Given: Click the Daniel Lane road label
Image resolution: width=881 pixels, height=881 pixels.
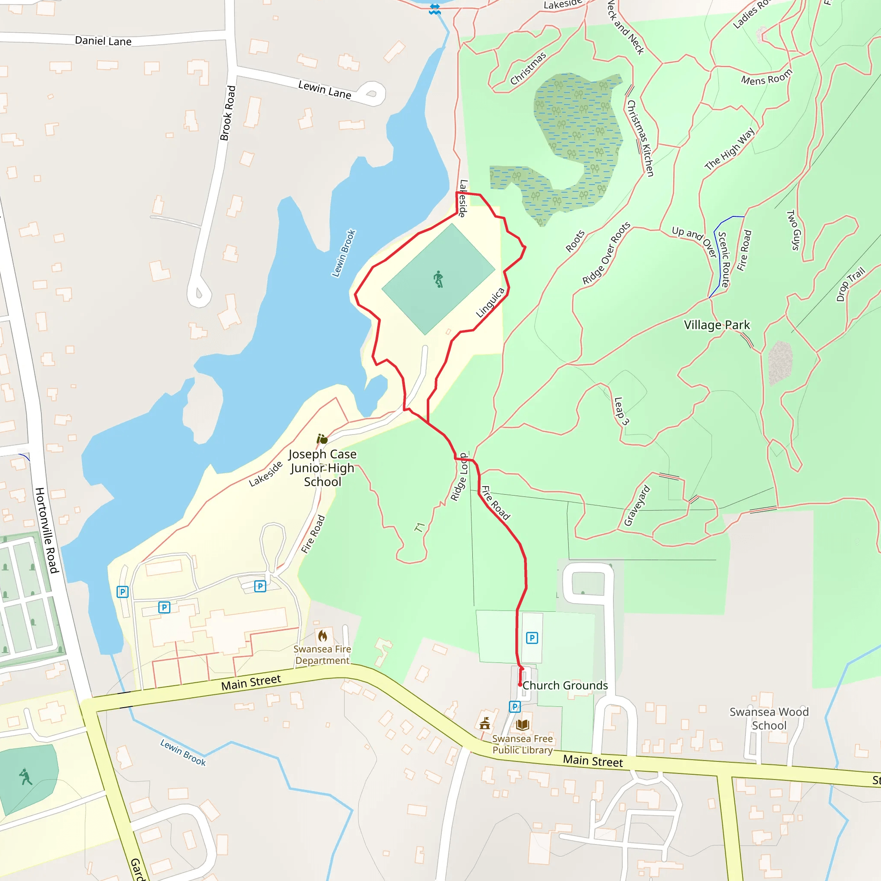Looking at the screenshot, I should [x=103, y=41].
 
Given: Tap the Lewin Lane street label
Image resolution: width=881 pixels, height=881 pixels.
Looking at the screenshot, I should [x=324, y=90].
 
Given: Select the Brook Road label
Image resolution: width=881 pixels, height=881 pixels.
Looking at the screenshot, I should [x=228, y=113].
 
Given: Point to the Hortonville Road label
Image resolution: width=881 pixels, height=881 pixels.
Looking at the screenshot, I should [x=47, y=530].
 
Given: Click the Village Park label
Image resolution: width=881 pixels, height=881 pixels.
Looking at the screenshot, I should [x=716, y=325].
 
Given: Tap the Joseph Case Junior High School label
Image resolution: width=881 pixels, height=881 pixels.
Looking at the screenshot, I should [x=322, y=468].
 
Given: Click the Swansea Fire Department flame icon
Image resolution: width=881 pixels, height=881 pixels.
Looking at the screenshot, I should [x=323, y=636].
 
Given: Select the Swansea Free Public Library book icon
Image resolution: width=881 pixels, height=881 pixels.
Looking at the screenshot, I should [x=523, y=724].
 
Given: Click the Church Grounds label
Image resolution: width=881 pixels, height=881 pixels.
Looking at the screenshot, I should [x=565, y=685].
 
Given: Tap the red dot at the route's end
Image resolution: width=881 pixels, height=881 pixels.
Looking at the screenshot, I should [x=520, y=684].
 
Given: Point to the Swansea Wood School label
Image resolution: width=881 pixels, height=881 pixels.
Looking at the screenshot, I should [x=769, y=719].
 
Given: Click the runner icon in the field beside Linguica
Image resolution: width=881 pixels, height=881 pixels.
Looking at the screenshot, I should [x=438, y=279].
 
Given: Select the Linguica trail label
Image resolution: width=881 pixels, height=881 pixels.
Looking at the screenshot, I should [x=490, y=302].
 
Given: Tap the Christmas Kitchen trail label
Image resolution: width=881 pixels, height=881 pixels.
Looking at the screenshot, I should [x=640, y=138].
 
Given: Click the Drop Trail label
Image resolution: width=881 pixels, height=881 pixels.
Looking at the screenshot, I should [x=850, y=284].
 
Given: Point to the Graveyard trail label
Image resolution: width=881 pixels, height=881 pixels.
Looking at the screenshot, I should [x=637, y=506].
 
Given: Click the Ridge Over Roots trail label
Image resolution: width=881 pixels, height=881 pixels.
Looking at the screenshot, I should [x=606, y=253].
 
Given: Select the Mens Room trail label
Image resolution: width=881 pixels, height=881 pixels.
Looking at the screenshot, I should [x=767, y=78].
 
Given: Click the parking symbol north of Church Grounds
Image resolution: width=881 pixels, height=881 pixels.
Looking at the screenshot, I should [x=532, y=638].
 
